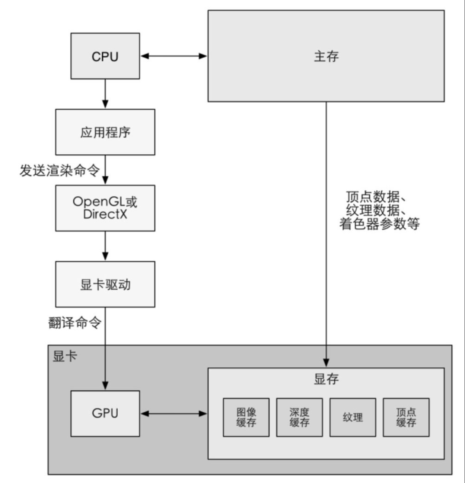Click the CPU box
click(105, 56)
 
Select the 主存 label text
click(326, 57)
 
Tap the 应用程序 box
click(105, 132)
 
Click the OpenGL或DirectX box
click(105, 208)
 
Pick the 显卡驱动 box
click(105, 284)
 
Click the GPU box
click(105, 413)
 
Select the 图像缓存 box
click(246, 418)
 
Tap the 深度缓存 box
click(299, 418)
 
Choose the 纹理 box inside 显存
click(353, 418)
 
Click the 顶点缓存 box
click(406, 418)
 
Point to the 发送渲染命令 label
click(60, 171)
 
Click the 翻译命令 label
click(75, 323)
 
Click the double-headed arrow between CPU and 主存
click(174, 56)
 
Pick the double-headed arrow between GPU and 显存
click(174, 413)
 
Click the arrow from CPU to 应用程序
click(105, 94)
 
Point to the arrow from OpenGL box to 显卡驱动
click(105, 246)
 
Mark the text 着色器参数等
click(379, 223)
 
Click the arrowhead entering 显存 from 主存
click(326, 363)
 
